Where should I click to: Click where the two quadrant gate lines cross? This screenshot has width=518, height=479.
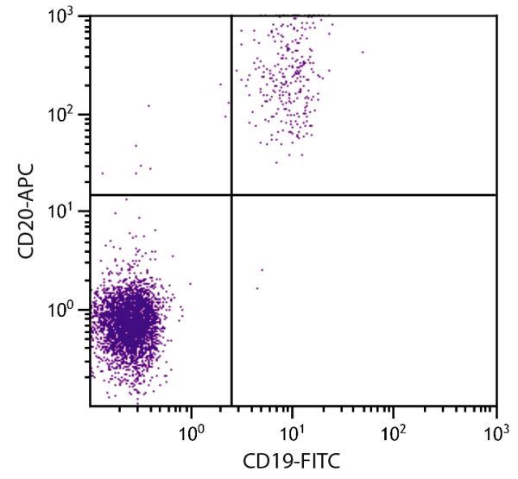231,194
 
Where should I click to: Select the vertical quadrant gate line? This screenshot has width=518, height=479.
231,302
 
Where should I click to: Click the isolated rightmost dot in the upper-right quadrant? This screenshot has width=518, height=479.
363,52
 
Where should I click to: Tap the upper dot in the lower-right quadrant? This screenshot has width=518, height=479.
262,270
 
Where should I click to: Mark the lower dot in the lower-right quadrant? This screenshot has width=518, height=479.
256,288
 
